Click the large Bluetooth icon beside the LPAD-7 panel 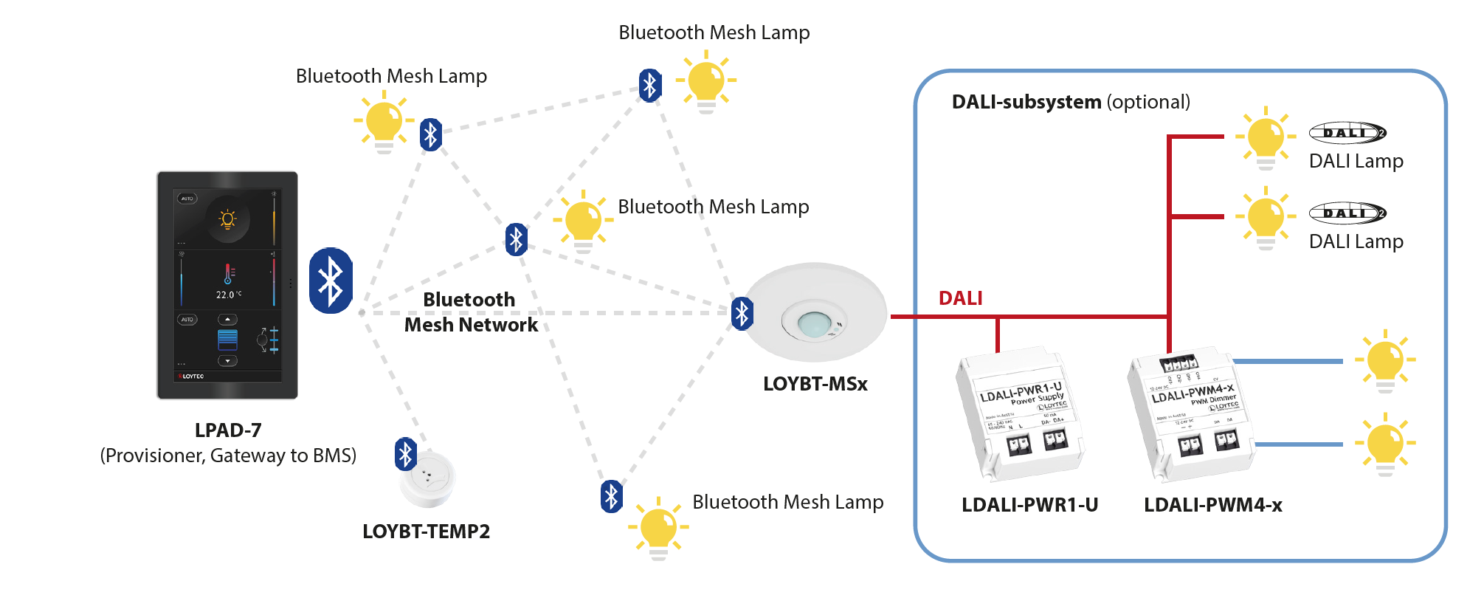[x=331, y=281]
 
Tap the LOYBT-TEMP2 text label [x=426, y=532]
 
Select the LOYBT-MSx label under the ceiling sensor [x=815, y=384]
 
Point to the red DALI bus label [x=960, y=298]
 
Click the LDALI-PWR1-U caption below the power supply [x=1029, y=505]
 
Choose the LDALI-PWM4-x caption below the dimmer [x=1212, y=505]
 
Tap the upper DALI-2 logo [x=1347, y=133]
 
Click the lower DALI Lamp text [x=1356, y=241]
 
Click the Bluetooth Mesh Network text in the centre [x=470, y=312]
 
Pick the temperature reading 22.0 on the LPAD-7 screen [x=225, y=295]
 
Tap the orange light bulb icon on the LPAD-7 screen [x=227, y=219]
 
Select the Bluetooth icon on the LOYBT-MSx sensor [x=742, y=313]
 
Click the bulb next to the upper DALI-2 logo [x=1266, y=137]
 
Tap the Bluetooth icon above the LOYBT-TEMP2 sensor [x=405, y=454]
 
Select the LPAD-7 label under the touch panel [x=228, y=430]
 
